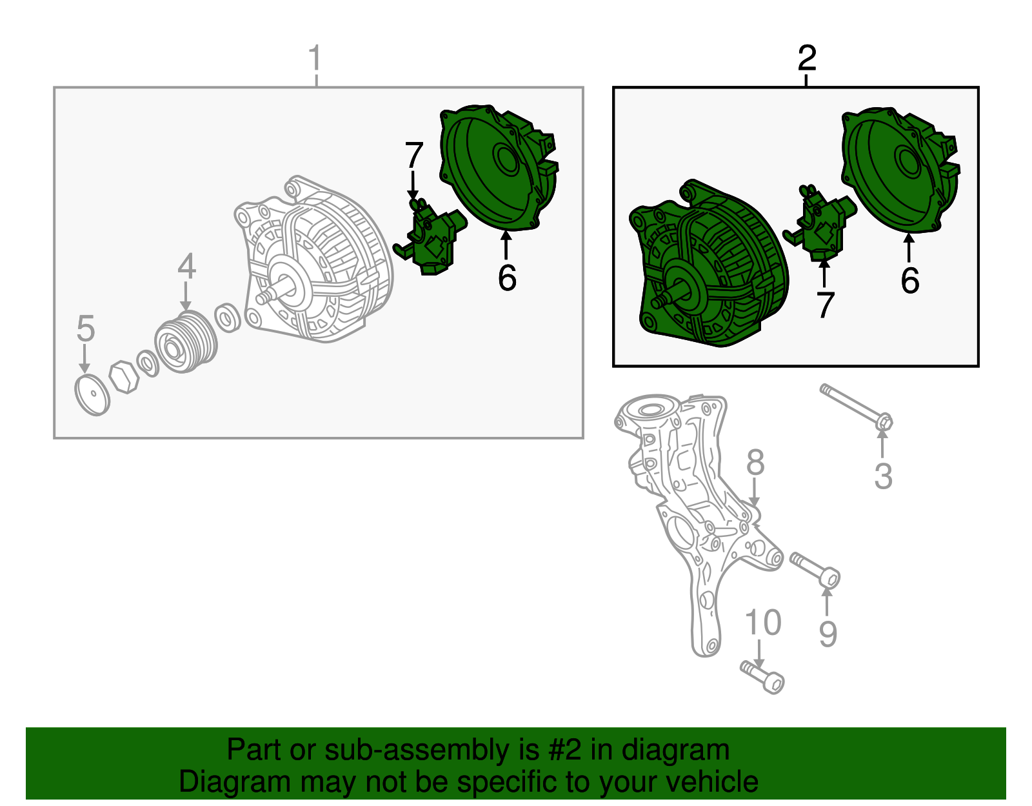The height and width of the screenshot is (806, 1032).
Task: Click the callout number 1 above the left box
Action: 315,58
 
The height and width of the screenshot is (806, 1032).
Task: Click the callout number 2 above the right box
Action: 807,58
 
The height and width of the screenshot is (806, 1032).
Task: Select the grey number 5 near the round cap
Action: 86,328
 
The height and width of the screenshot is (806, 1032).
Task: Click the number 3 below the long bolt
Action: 884,476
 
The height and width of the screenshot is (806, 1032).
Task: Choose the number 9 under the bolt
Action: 828,634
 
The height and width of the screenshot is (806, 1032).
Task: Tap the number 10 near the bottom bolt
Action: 763,622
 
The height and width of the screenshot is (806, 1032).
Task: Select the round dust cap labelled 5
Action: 93,395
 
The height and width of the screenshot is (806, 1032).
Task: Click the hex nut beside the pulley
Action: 123,377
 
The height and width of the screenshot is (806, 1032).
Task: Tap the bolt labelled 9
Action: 815,570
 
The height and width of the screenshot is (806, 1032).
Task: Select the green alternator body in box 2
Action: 709,263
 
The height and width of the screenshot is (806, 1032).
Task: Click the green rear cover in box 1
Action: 499,168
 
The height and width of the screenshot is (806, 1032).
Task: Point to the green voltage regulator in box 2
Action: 819,224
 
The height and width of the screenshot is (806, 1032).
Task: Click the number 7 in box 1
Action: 413,155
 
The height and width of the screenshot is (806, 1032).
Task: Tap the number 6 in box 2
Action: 910,280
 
